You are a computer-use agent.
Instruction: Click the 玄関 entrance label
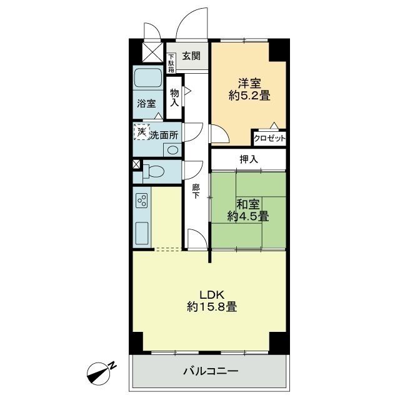(191, 56)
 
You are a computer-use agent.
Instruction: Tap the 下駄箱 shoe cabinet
(171, 62)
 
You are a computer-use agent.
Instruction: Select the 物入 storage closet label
(174, 97)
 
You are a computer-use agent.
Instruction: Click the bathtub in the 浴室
(148, 78)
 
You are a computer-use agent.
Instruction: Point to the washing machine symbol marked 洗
(142, 132)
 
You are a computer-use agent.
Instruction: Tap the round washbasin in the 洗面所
(172, 150)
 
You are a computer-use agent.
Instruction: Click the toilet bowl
(153, 171)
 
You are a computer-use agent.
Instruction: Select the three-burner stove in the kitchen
(142, 200)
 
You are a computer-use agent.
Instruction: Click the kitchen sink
(142, 233)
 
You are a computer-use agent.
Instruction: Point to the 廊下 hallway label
(196, 192)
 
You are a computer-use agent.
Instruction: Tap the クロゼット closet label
(269, 139)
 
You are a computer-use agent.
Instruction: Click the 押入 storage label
(249, 159)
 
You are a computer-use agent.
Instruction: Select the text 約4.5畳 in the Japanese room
(248, 217)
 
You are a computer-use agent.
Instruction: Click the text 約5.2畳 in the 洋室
(249, 96)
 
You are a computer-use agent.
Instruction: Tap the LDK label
(212, 295)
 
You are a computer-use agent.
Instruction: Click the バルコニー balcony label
(211, 371)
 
